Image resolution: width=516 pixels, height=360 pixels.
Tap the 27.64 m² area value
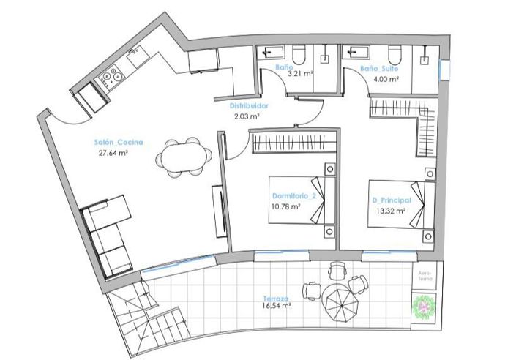pyautogui.click(x=113, y=154)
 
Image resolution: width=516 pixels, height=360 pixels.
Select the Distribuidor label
pyautogui.click(x=244, y=105)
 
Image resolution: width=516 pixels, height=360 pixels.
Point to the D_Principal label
pyautogui.click(x=391, y=200)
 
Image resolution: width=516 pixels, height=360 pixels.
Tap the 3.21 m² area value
pyautogui.click(x=300, y=75)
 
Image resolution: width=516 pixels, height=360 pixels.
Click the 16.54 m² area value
pyautogui.click(x=277, y=308)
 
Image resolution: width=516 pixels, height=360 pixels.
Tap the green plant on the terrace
pyautogui.click(x=425, y=306)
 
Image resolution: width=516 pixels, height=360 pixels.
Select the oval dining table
pyautogui.click(x=183, y=157)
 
